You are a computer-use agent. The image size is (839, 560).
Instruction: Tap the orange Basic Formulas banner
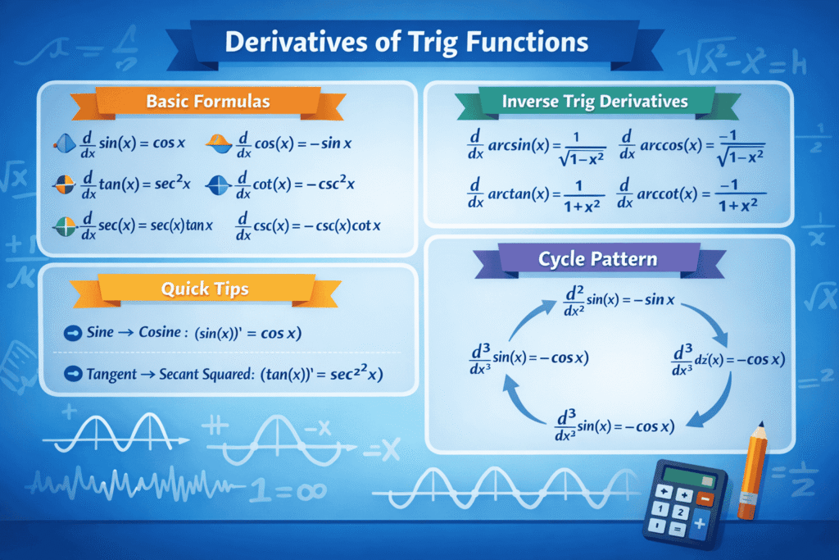[x=207, y=102]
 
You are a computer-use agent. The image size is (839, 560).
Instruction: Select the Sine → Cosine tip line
[x=198, y=333]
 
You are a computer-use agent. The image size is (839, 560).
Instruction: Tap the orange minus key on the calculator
[x=706, y=497]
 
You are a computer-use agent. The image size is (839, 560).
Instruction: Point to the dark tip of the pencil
[x=763, y=427]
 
